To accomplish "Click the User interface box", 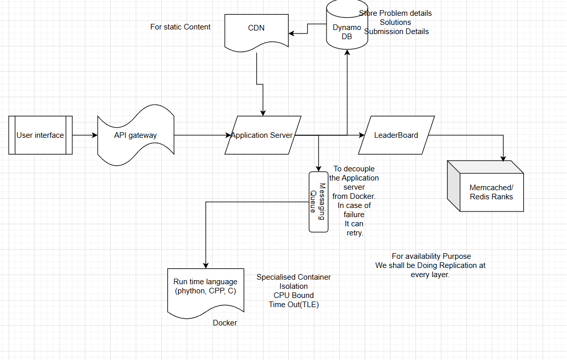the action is (41, 135).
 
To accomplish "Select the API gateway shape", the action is (136, 135).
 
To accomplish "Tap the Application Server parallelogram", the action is (263, 135).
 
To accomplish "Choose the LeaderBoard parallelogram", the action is (396, 135).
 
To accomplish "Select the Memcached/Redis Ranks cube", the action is (485, 186).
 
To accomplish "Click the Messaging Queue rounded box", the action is (318, 202).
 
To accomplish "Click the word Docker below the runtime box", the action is (225, 323).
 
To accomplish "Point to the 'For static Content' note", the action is (181, 27).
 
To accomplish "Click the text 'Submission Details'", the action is (396, 32).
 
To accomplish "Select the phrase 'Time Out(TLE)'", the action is (293, 305).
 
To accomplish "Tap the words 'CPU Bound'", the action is (293, 295).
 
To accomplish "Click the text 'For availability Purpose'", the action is (431, 256).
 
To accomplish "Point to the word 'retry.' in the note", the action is (355, 233).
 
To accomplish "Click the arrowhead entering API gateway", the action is (95, 135).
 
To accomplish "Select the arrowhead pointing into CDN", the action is (291, 34).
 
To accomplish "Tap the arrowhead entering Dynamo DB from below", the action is (347, 53).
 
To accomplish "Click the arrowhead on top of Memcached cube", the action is (503, 158).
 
